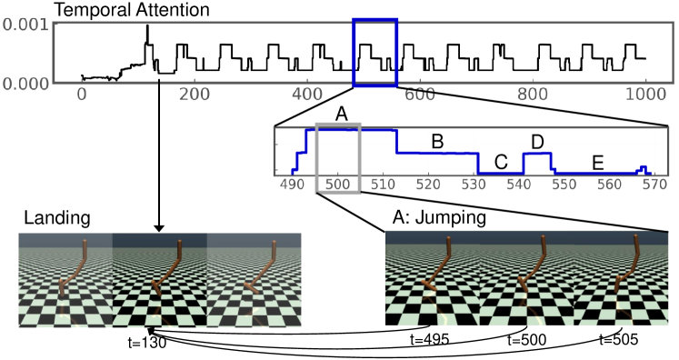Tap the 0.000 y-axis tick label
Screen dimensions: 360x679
[25, 83]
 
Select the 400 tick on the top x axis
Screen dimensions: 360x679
[306, 94]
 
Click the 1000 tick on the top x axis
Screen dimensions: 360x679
[644, 94]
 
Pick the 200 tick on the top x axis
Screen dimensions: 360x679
[195, 94]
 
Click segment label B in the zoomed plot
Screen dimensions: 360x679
[436, 142]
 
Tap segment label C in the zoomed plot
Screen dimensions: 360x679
[501, 162]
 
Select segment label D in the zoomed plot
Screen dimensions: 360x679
[537, 143]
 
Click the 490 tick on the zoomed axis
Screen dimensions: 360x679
[293, 183]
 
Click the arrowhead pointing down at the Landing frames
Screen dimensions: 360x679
[159, 227]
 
